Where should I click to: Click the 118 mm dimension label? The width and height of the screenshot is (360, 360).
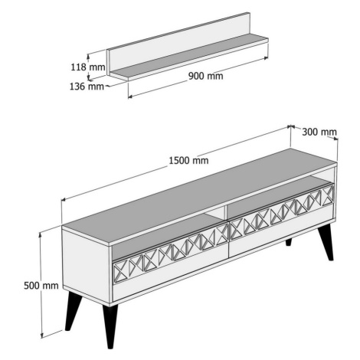pos(88,67)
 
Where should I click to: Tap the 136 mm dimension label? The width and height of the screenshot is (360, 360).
pos(87,87)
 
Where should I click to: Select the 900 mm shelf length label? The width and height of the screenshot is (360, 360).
pos(205,76)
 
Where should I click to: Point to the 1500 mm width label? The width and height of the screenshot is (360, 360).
pos(188,160)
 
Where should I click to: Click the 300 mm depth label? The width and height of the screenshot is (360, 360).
pos(319,132)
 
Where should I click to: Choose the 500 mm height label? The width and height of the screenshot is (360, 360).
pos(41,286)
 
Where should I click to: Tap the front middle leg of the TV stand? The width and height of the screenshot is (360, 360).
pos(110,326)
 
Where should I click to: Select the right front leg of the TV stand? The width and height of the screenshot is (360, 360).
pos(326,242)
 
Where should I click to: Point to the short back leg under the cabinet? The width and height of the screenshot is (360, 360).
pos(289,242)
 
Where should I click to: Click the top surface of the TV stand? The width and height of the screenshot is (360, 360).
pos(200,196)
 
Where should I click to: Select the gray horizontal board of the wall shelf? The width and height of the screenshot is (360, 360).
pos(190,57)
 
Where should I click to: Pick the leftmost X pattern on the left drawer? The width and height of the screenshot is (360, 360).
pos(120,271)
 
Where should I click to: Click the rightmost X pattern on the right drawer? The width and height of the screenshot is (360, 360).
pos(328,195)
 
